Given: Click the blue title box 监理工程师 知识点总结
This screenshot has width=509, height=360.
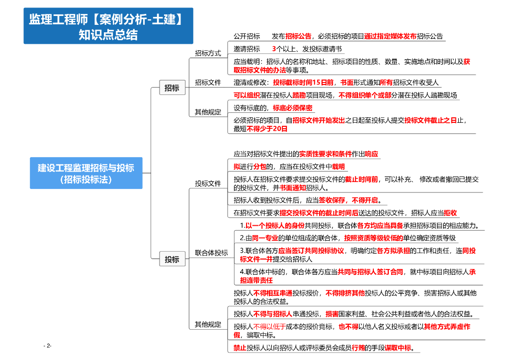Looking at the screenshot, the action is click(x=108, y=26).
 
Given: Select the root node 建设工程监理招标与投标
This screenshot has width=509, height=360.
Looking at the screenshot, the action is click(x=86, y=173).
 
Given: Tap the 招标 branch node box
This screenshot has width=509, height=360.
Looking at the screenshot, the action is click(x=172, y=88).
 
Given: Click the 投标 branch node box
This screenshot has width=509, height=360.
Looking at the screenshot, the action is click(x=172, y=259).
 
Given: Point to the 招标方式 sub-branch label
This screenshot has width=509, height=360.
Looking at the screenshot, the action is click(x=208, y=53).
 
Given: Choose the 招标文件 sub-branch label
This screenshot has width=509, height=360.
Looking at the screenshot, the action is click(x=208, y=83).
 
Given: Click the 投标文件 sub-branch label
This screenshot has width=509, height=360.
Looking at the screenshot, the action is click(x=208, y=183).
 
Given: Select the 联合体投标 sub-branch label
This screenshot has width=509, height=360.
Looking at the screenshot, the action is click(x=211, y=253).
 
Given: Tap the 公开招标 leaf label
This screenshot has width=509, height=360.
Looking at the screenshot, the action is click(x=247, y=36).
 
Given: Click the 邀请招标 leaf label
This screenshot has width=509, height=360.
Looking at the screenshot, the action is click(x=247, y=49).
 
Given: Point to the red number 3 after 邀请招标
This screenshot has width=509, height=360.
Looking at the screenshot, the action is click(x=274, y=49).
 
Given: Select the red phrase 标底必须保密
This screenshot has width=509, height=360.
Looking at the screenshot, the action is click(x=292, y=108).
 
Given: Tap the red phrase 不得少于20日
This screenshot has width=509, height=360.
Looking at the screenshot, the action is click(x=267, y=129).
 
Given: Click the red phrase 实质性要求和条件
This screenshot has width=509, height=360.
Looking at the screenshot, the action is click(x=325, y=154).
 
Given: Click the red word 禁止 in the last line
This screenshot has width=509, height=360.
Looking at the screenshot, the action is click(x=240, y=348).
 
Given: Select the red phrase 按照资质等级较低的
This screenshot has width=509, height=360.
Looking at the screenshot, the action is click(x=373, y=238).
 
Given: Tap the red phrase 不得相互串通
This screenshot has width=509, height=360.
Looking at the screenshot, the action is click(x=272, y=293).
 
